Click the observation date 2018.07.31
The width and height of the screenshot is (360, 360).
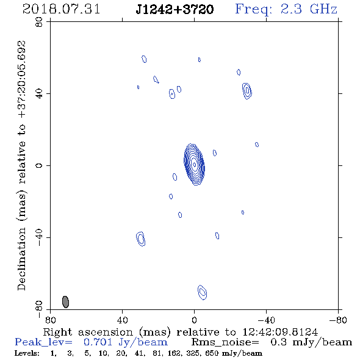click(x=61, y=9)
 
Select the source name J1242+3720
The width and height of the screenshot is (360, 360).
click(x=175, y=9)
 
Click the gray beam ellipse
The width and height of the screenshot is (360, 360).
click(x=65, y=302)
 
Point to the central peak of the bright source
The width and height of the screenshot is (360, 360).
click(x=195, y=164)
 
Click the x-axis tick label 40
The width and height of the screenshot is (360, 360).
click(x=122, y=320)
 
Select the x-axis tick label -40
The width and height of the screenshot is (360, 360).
click(x=266, y=320)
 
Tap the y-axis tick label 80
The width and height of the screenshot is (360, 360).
click(x=39, y=22)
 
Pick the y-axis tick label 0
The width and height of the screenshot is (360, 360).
click(x=39, y=165)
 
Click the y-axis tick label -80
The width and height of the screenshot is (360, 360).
click(x=39, y=309)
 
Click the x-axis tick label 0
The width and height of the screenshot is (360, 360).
click(x=194, y=320)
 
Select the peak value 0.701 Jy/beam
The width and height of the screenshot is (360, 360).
click(x=126, y=342)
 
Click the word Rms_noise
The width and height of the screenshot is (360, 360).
click(x=225, y=342)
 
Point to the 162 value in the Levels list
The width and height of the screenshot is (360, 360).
click(x=176, y=353)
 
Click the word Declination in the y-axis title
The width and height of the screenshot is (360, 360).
click(x=21, y=259)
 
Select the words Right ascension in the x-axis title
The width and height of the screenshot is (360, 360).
click(x=88, y=332)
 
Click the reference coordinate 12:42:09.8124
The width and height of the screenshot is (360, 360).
click(x=280, y=332)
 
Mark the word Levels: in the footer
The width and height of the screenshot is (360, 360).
click(x=27, y=353)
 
